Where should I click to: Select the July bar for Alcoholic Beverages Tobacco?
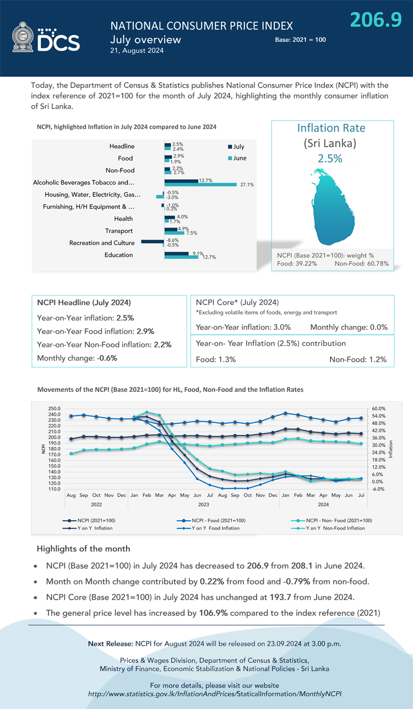click(181, 181)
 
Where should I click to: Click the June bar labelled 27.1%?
click(200, 184)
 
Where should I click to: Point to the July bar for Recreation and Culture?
click(153, 241)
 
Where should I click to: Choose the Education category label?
click(118, 255)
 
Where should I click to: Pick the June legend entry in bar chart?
click(237, 159)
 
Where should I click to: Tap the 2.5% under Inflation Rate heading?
click(330, 159)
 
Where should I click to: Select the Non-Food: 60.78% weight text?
click(361, 264)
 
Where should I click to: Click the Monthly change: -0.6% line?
click(77, 358)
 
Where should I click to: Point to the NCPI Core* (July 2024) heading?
click(237, 303)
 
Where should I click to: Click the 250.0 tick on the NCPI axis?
click(55, 408)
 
